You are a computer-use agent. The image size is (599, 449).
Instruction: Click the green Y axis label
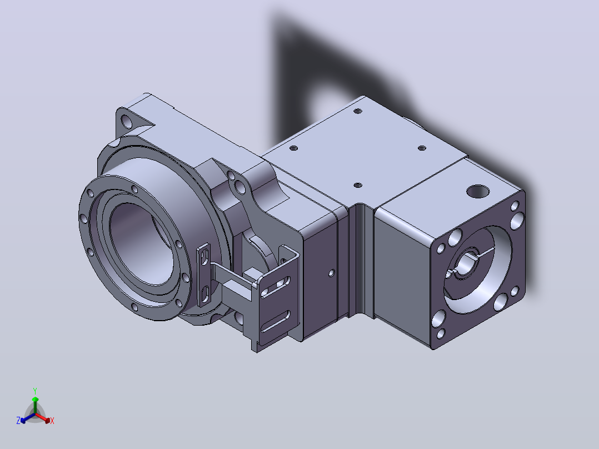coord(35,391)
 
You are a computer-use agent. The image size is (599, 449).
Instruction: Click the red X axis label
coord(52,421)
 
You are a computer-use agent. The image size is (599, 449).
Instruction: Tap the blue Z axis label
coord(18,420)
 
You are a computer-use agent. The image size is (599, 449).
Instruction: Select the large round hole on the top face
coord(478,191)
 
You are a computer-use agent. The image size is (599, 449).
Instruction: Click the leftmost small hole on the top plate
coord(293,148)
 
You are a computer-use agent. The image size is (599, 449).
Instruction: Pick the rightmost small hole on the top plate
coord(422,148)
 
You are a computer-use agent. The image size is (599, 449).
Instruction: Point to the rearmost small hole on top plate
coord(358,111)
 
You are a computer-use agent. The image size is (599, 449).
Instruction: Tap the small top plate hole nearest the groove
coord(358,185)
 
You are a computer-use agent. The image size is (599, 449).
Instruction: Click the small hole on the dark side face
coord(331,273)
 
